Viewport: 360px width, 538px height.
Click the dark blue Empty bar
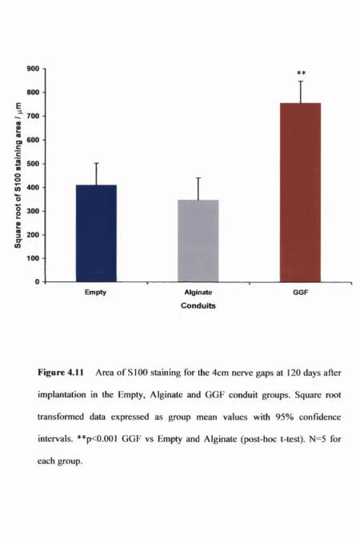click(96, 233)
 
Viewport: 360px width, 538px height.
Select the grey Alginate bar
click(198, 241)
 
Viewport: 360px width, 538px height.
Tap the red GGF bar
click(300, 193)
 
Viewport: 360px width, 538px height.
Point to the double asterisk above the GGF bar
click(302, 73)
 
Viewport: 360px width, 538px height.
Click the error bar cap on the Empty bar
click(97, 163)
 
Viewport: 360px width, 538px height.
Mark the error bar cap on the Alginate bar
click(198, 177)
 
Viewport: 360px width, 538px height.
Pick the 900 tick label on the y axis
click(33, 69)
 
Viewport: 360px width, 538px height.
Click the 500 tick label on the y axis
click(33, 164)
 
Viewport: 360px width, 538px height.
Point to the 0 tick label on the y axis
click(38, 281)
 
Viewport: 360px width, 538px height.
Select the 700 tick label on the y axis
click(33, 116)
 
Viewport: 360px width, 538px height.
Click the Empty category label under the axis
click(95, 293)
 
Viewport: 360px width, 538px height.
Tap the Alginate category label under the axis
click(198, 293)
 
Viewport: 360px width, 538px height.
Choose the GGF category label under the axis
click(301, 293)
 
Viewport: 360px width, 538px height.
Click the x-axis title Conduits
click(198, 305)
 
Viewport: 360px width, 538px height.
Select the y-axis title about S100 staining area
click(18, 175)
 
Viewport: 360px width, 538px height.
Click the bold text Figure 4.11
click(61, 373)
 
